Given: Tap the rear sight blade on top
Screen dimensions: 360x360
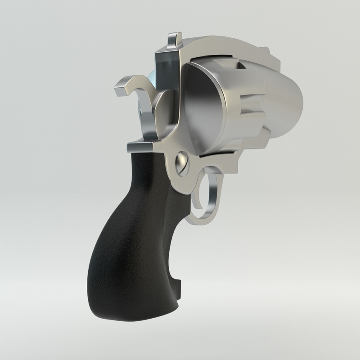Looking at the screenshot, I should pyautogui.click(x=173, y=40).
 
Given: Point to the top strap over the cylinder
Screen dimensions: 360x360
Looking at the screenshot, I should pyautogui.click(x=225, y=45).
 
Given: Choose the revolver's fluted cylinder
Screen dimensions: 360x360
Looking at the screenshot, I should pyautogui.click(x=238, y=108).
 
